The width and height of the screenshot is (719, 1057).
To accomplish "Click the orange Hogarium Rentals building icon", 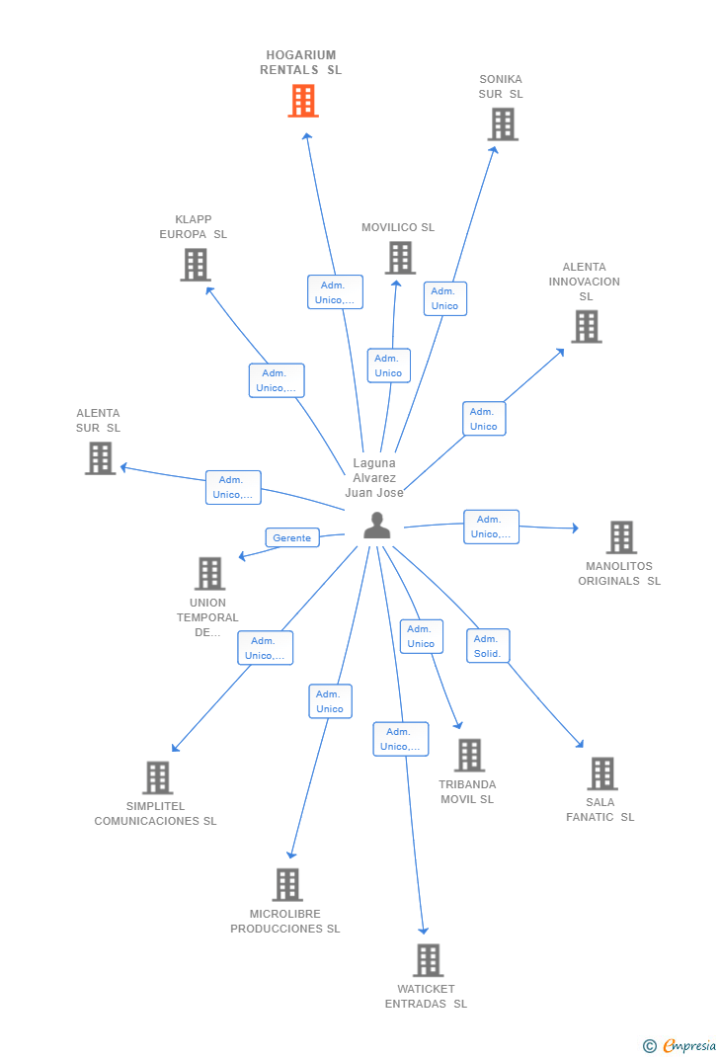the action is [303, 101].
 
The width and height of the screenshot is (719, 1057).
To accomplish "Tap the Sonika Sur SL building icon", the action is [503, 124].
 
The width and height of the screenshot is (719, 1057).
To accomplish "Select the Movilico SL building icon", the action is [400, 258].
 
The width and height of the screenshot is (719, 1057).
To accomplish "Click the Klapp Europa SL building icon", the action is [196, 265].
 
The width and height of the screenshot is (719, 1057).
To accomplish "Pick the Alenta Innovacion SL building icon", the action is [587, 326].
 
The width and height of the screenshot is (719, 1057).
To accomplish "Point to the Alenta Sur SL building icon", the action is [101, 458].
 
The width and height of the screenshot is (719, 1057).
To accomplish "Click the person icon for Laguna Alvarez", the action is [376, 526].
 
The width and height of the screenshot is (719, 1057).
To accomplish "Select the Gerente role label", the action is [291, 538].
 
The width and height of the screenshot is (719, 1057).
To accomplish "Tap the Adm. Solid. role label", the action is [488, 646].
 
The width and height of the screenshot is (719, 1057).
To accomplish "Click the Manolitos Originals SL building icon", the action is [621, 537].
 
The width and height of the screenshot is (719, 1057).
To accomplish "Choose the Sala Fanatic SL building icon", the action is [602, 773].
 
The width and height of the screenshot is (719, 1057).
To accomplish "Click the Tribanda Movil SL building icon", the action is [470, 755].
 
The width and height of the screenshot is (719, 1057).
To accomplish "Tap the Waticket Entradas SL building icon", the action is [429, 960].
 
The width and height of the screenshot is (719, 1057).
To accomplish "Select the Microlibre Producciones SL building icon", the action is [287, 884].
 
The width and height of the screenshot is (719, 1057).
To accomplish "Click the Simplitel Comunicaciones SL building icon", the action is [158, 777].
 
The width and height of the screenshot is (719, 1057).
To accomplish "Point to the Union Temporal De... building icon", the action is [209, 574].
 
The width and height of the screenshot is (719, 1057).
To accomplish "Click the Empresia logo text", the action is [689, 1045].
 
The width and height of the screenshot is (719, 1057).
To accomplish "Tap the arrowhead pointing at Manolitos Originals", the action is [576, 528].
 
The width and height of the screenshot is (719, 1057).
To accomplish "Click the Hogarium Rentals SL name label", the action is [300, 62].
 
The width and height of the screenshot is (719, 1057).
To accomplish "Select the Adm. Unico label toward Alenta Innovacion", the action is [484, 419].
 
